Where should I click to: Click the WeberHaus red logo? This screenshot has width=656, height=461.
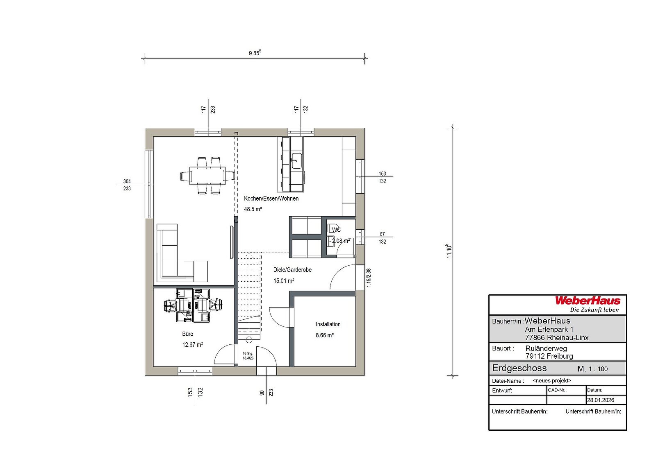click(588, 301)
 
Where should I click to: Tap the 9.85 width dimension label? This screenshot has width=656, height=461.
click(255, 53)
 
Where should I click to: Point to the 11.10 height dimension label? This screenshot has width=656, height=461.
click(449, 251)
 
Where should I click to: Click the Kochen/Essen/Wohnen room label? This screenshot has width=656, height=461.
click(271, 198)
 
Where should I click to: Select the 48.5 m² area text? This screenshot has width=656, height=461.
click(253, 209)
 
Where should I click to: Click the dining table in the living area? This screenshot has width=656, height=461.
click(207, 176)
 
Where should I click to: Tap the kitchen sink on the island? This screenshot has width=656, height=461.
click(296, 160)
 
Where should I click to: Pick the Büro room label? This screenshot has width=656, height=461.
click(188, 334)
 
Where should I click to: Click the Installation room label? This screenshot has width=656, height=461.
click(328, 324)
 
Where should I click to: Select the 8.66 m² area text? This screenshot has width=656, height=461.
click(324, 335)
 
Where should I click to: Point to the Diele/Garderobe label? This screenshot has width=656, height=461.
click(292, 270)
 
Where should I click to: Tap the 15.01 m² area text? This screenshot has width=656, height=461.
click(283, 281)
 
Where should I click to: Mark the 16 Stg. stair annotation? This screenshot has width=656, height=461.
click(248, 353)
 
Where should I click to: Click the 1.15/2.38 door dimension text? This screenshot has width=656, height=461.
click(369, 278)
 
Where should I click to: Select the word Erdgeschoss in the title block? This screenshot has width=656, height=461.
click(519, 368)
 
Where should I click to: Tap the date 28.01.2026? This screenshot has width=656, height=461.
click(601, 400)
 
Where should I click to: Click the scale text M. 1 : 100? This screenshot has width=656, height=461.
click(592, 369)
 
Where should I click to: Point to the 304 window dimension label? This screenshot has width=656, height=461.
click(127, 181)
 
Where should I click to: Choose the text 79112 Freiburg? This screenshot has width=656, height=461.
click(549, 356)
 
